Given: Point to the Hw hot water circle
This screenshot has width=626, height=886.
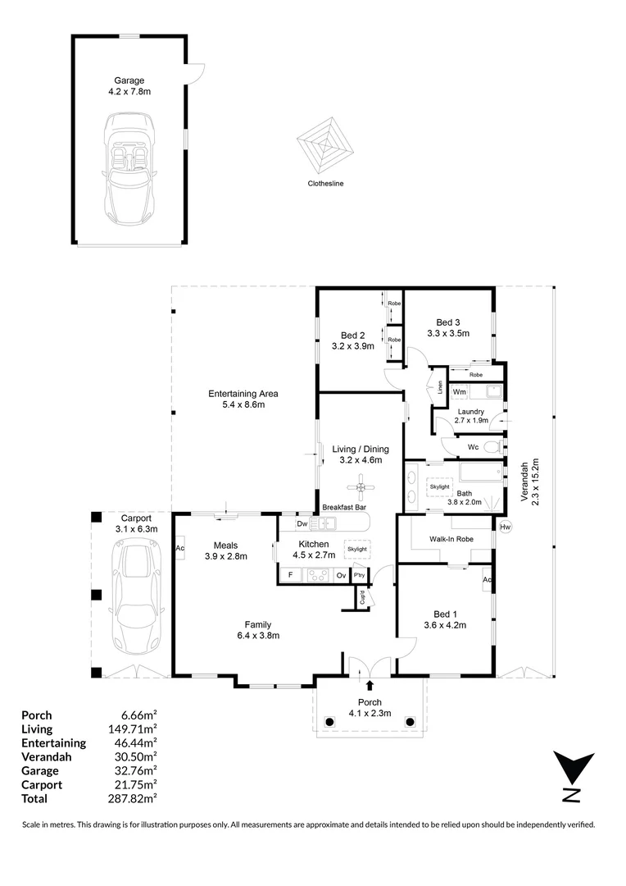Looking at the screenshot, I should click(x=505, y=526).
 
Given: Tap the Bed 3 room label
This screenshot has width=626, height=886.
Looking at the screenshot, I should click(x=447, y=322).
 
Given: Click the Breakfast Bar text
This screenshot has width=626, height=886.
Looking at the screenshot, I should click(x=343, y=508).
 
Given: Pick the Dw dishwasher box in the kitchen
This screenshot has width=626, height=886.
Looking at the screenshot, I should click(x=302, y=523).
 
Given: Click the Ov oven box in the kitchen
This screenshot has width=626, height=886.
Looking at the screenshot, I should click(x=341, y=575).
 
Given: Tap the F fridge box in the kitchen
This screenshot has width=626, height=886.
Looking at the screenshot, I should click(x=290, y=575).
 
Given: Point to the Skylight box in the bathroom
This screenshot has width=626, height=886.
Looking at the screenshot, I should click(x=439, y=486).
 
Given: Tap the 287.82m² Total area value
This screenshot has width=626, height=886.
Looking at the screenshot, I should click(x=135, y=798).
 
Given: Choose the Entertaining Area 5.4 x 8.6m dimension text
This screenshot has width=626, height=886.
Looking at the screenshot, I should click(x=236, y=404).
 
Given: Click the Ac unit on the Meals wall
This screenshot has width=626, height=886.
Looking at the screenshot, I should click(x=179, y=547).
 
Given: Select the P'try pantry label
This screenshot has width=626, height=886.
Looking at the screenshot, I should click(x=359, y=575).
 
